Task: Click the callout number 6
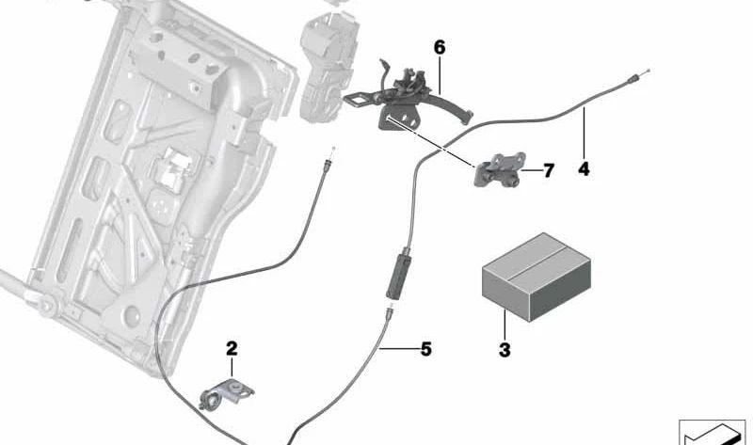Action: tap(438, 47)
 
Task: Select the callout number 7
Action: tap(549, 170)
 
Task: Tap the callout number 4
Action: tap(584, 170)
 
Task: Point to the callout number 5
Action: tap(425, 349)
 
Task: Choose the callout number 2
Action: tap(232, 348)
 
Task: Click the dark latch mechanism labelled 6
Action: tap(405, 99)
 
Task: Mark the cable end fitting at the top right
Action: tap(639, 78)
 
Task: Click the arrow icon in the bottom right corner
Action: tap(713, 433)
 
